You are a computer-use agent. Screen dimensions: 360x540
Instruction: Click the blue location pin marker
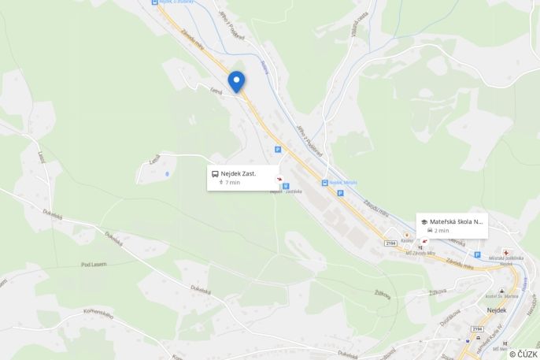point(236,81)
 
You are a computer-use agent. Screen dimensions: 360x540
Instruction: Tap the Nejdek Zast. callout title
point(238,173)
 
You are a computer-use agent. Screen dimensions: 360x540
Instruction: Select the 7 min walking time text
point(233,183)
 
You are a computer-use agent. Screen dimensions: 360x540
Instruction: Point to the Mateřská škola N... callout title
point(457,222)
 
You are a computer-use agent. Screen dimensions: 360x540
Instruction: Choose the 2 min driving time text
point(442,231)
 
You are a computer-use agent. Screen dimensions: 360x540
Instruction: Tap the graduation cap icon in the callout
point(424,222)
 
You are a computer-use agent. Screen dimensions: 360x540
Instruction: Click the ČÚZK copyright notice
point(523,354)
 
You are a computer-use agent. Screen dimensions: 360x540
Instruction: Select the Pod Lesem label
point(94,265)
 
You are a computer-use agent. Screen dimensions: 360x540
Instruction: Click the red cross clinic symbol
point(505,252)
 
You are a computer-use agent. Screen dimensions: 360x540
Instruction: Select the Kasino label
point(408,242)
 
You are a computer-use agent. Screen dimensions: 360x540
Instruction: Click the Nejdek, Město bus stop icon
point(324,183)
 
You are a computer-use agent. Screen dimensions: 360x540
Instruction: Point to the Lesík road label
point(41,158)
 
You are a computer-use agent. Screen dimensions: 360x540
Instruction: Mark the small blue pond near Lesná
point(167,173)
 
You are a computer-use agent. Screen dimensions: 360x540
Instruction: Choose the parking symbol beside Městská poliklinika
point(477,254)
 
